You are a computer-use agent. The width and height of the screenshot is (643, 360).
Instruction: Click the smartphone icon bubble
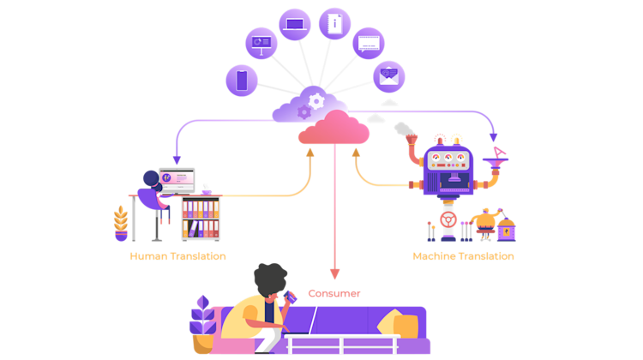(242, 81)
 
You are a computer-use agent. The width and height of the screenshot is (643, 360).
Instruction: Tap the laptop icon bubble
(295, 25)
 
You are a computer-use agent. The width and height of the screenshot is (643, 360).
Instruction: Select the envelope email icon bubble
(388, 76)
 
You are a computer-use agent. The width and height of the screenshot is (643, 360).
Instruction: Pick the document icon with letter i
(334, 24)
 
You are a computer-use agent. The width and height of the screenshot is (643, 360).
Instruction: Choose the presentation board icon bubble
(261, 43)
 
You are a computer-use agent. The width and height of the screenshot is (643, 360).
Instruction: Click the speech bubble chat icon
(369, 44)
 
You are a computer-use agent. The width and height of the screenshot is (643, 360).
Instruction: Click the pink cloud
(334, 128)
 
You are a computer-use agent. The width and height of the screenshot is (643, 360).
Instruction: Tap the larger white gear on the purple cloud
(316, 101)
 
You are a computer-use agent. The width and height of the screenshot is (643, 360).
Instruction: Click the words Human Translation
(177, 256)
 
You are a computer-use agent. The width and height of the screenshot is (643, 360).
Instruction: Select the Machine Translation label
(463, 256)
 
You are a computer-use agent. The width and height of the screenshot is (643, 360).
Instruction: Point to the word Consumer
(334, 294)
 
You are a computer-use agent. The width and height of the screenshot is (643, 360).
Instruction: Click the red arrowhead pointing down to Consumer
(334, 274)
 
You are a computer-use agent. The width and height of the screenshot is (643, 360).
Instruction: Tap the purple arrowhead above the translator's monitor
(177, 159)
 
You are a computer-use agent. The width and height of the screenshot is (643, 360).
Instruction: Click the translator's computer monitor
(177, 180)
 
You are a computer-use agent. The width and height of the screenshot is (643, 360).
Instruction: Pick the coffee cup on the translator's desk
(207, 192)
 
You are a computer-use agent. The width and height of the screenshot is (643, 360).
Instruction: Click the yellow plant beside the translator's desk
(121, 224)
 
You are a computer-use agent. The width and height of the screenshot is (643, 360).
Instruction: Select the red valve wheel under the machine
(448, 219)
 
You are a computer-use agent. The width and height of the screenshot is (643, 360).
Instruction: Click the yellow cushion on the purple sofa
(399, 323)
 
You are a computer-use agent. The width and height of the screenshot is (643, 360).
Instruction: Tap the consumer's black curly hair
(270, 279)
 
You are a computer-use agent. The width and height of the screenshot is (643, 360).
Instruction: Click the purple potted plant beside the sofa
(202, 324)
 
